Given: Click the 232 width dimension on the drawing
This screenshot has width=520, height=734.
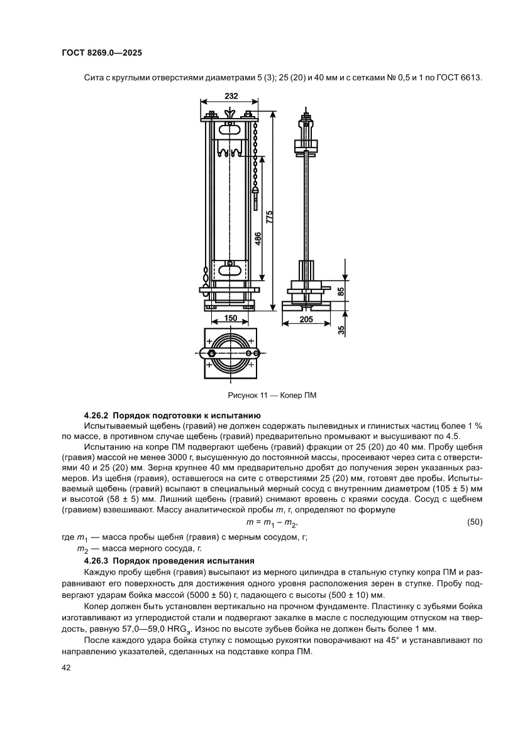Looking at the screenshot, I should click(x=230, y=96).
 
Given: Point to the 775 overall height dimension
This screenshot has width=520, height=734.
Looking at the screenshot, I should click(x=269, y=217).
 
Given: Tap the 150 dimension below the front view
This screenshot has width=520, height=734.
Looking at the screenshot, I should click(x=230, y=318).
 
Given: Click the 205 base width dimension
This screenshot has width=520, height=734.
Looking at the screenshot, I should click(x=306, y=319).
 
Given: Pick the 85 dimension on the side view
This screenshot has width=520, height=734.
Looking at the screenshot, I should click(x=340, y=291).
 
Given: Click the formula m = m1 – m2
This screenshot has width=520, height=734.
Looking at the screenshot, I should click(x=270, y=523).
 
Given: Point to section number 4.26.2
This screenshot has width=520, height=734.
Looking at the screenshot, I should click(x=97, y=416).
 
